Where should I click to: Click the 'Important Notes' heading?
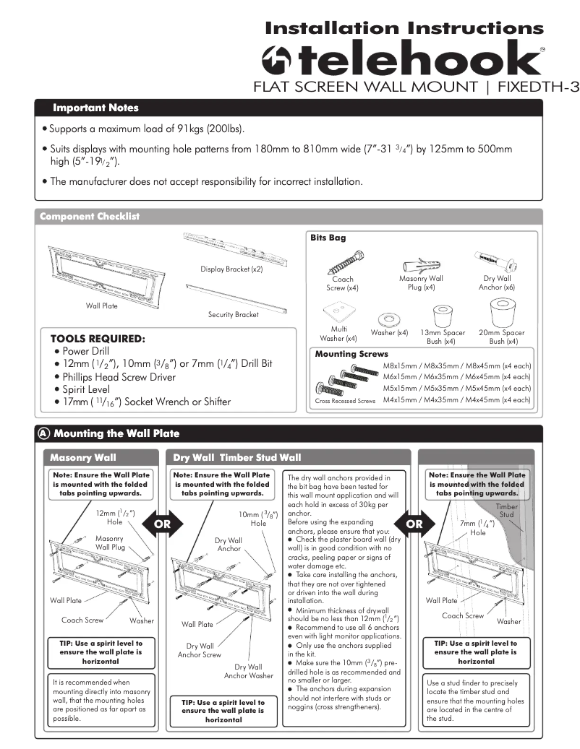pyautogui.click(x=95, y=108)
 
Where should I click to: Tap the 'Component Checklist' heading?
pyautogui.click(x=90, y=217)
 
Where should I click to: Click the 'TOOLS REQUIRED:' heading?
pyautogui.click(x=98, y=338)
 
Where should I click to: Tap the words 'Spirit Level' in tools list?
pyautogui.click(x=87, y=389)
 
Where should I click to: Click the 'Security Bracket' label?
pyautogui.click(x=233, y=315)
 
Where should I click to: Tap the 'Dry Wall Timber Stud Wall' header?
pyautogui.click(x=237, y=457)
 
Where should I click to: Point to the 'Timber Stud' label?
pyautogui.click(x=507, y=511)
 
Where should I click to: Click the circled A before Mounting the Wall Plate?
pyautogui.click(x=44, y=433)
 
